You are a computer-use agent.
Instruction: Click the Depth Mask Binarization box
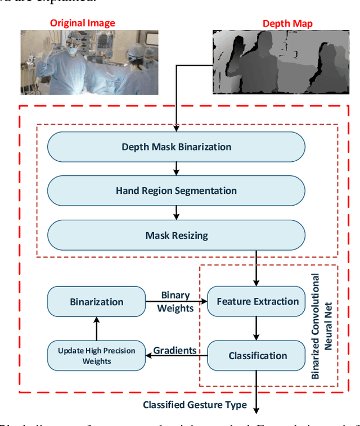point(176,147)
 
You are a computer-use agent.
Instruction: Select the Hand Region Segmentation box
point(176,191)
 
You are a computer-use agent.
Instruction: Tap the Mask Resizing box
point(176,235)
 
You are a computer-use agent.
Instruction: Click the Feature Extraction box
point(257,301)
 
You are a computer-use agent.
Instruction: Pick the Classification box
point(257,355)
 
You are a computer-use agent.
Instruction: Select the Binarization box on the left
point(96,302)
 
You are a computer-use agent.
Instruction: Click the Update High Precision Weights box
point(96,355)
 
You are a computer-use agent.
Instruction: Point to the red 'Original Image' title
point(83,23)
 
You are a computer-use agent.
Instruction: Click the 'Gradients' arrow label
point(175,351)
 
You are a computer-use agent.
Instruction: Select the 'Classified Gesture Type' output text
point(194,405)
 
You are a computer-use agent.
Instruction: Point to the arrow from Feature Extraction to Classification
point(257,328)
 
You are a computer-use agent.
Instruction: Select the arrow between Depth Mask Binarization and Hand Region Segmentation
point(176,169)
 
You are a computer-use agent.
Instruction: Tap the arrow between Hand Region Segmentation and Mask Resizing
point(176,212)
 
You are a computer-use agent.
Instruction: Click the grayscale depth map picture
point(286,62)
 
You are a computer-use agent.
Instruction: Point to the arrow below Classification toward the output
point(257,393)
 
